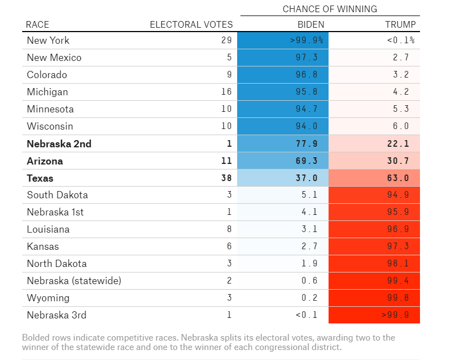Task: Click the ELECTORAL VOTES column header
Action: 192,24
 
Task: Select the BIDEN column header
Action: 311,24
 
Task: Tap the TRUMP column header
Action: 400,24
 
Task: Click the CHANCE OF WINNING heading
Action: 330,9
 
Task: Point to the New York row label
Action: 48,40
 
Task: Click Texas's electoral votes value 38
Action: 226,178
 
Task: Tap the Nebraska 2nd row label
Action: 59,144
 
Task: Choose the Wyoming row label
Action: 48,298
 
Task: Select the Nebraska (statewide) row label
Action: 74,281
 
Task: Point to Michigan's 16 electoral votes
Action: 226,92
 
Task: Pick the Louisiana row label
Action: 48,229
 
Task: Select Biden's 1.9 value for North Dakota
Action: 310,264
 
